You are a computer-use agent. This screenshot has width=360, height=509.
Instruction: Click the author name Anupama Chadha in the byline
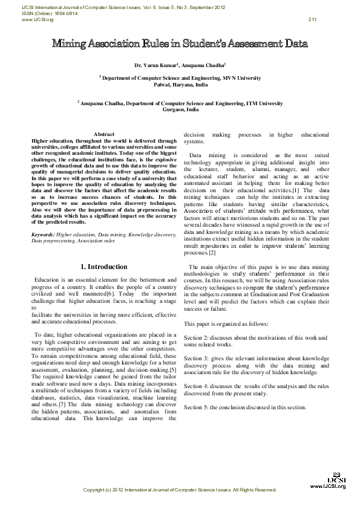[203, 65]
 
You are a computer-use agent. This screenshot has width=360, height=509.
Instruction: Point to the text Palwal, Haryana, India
[180, 85]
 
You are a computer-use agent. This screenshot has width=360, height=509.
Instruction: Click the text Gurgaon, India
[180, 111]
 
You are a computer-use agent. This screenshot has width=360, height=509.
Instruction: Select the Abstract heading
[104, 134]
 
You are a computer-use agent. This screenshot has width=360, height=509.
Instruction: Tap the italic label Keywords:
[43, 233]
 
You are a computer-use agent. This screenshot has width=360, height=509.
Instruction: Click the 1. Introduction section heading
[104, 267]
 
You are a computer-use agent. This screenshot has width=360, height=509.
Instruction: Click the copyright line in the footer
[180, 489]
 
